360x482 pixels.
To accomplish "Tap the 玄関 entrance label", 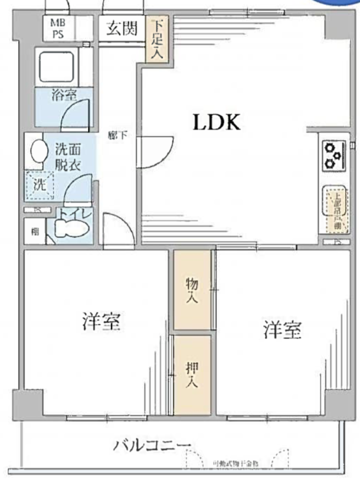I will click(122, 28).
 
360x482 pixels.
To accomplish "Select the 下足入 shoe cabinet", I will click(157, 40).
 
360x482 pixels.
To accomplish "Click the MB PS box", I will click(58, 28).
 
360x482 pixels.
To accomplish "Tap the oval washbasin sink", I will click(38, 151).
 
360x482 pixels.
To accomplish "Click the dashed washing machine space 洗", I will click(39, 184).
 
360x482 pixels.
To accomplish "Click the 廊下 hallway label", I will click(117, 135).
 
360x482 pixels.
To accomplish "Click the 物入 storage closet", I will click(192, 289).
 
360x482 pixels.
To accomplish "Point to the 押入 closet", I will click(192, 374).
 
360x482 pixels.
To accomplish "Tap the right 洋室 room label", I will click(283, 330).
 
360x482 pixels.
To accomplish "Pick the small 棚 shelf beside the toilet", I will click(35, 231).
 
